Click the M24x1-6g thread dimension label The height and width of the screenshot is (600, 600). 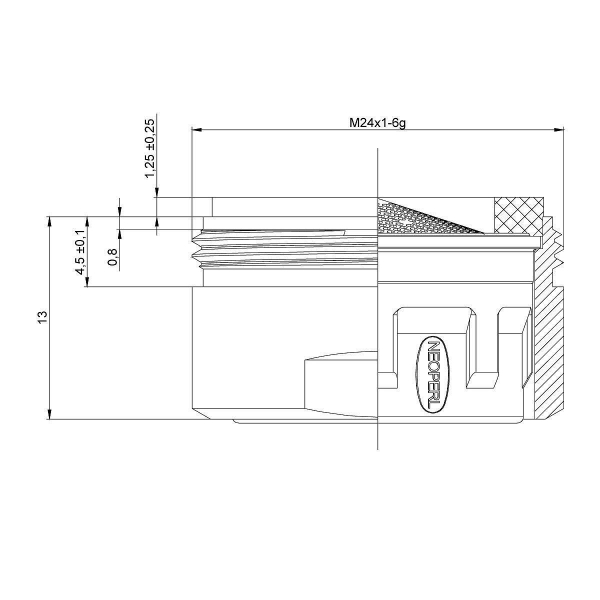[x=378, y=122]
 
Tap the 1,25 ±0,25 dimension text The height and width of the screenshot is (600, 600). [x=150, y=147]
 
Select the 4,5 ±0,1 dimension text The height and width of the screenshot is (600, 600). [x=80, y=252]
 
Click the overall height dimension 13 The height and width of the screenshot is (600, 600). [x=42, y=316]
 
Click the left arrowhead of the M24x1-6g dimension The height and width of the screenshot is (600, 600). [x=195, y=129]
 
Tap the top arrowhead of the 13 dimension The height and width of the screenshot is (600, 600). [x=49, y=218]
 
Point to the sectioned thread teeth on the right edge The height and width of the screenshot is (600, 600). [x=558, y=250]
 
